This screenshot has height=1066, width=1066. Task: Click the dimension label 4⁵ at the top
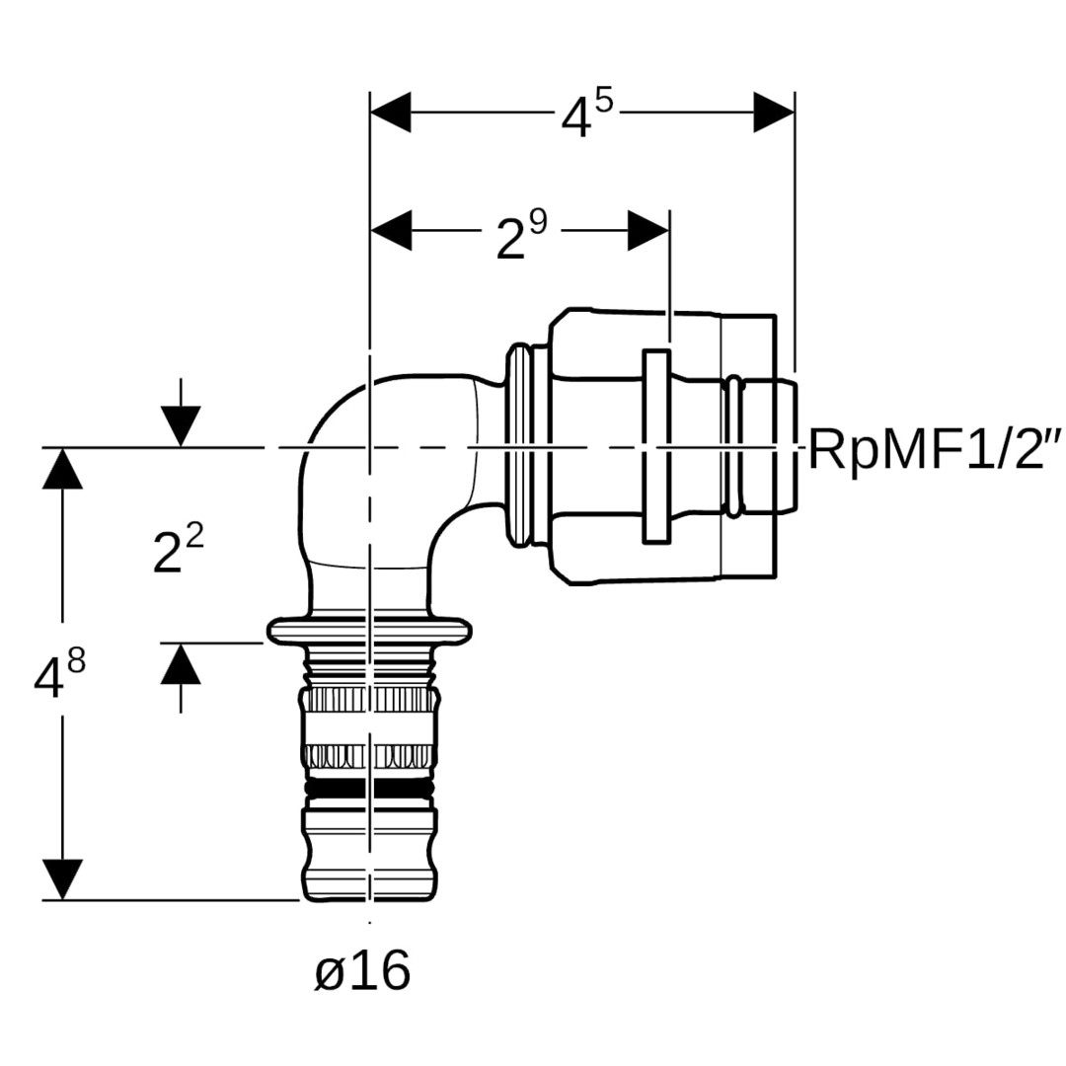[586, 115]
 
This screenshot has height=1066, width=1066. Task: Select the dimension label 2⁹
[520, 234]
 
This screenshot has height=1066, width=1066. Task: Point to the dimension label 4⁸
[59, 675]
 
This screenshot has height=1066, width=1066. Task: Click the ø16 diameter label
[362, 973]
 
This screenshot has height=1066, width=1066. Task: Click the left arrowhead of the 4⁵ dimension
[391, 114]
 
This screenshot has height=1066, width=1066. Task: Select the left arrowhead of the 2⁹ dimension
[391, 231]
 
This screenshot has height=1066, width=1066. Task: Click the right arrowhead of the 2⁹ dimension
[648, 231]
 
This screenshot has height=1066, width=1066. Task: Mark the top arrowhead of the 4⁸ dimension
[62, 469]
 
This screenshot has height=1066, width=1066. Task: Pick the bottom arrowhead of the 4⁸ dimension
[62, 878]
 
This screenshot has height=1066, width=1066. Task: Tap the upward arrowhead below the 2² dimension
[181, 664]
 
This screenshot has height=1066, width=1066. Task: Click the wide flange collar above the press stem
[369, 629]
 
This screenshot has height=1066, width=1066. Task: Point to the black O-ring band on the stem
[369, 791]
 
